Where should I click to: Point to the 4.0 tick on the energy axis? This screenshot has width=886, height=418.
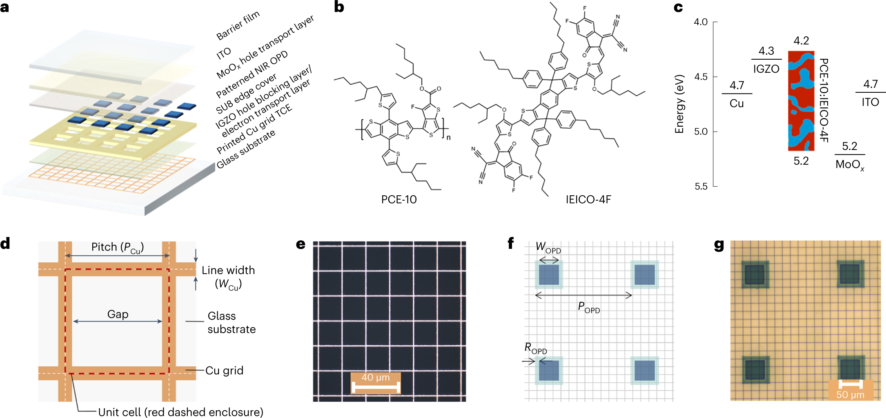[x=701, y=22]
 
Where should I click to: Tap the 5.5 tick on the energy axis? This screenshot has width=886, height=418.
[x=701, y=186]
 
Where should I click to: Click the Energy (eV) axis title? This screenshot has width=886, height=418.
[x=679, y=104]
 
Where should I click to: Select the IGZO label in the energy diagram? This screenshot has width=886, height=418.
[x=766, y=69]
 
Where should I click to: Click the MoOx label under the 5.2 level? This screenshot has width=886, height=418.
[x=850, y=165]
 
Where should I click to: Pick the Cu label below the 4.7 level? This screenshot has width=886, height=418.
[x=737, y=103]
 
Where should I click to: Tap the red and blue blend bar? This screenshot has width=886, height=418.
[x=801, y=101]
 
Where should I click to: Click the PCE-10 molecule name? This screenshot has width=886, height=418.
[x=398, y=199]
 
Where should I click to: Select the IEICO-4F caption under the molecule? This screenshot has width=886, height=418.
[x=588, y=199]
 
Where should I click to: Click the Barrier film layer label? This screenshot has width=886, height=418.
[x=238, y=25]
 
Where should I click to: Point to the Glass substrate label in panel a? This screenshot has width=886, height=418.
[x=246, y=149]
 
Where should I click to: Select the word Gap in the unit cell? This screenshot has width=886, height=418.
[x=118, y=314]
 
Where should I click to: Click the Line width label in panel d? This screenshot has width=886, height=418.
[x=228, y=270]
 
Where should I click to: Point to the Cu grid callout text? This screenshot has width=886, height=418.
[x=224, y=371]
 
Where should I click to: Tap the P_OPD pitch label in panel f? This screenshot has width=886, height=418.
[x=589, y=307]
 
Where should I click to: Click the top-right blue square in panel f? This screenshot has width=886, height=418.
[x=645, y=275]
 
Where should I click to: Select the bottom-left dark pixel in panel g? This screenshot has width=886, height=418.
[x=755, y=369]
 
